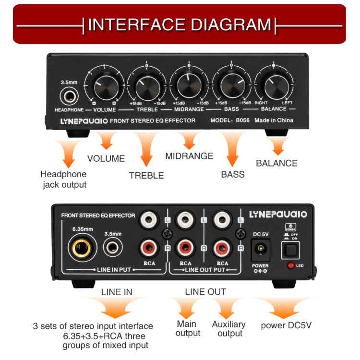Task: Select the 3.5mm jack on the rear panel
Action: click(x=113, y=248)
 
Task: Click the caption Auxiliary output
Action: click(x=228, y=329)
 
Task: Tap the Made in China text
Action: click(x=273, y=120)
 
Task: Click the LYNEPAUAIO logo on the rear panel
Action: click(x=277, y=215)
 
